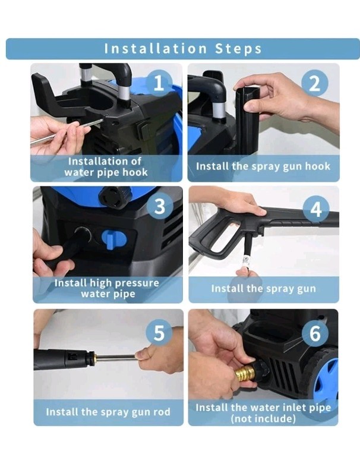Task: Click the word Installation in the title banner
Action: click(156, 49)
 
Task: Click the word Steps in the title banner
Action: click(238, 49)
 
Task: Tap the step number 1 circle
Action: click(159, 83)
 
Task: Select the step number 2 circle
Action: click(315, 83)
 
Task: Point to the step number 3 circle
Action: click(160, 206)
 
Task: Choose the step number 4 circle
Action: click(315, 209)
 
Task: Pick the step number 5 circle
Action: click(159, 333)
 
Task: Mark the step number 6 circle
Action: click(315, 334)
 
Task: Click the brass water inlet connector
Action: click(244, 373)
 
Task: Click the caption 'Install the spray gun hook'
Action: click(263, 166)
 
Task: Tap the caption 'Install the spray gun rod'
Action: click(108, 412)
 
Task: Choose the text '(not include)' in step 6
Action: click(263, 418)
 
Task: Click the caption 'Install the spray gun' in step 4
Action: click(263, 289)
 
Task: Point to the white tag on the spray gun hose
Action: click(245, 260)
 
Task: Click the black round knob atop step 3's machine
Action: click(115, 197)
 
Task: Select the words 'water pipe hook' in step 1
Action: click(106, 172)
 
